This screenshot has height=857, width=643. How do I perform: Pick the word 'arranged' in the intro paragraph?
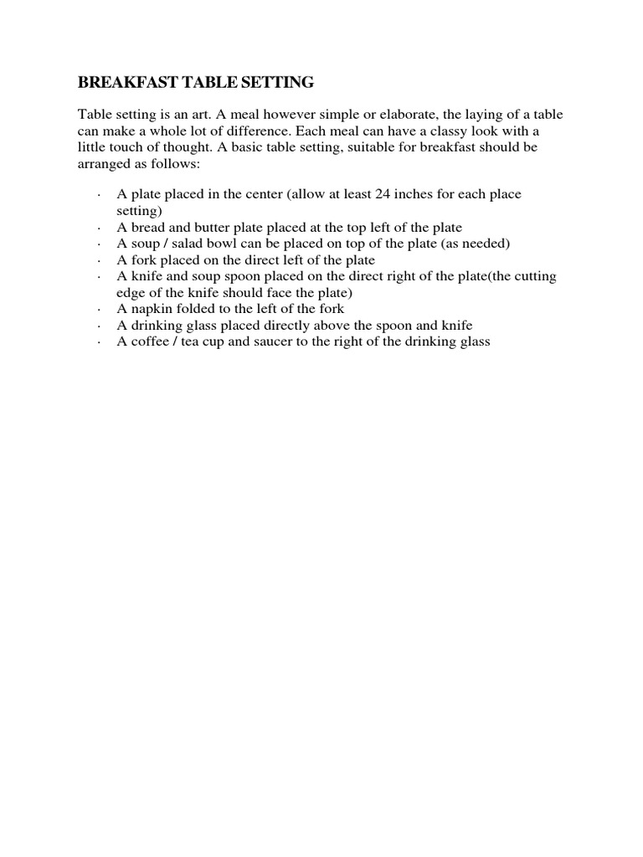(x=104, y=163)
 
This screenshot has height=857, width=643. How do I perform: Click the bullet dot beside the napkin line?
(x=100, y=310)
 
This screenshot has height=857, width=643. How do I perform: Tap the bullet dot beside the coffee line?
(x=100, y=342)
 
